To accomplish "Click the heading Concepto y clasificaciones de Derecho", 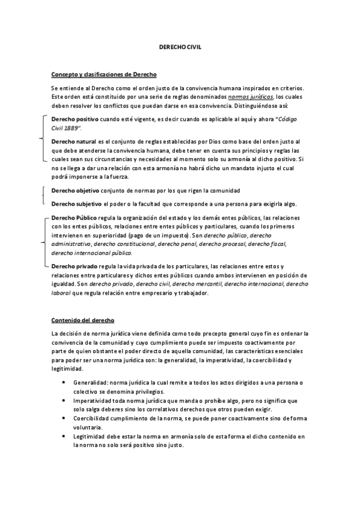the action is click(x=103, y=74).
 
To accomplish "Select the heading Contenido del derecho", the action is click(x=82, y=320).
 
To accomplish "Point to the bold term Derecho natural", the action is click(x=74, y=141).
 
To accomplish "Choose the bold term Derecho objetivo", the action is click(x=75, y=191).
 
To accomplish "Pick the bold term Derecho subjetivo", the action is click(x=76, y=204).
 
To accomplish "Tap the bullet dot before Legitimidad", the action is click(x=64, y=435).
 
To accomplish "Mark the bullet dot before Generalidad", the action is click(x=64, y=382).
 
